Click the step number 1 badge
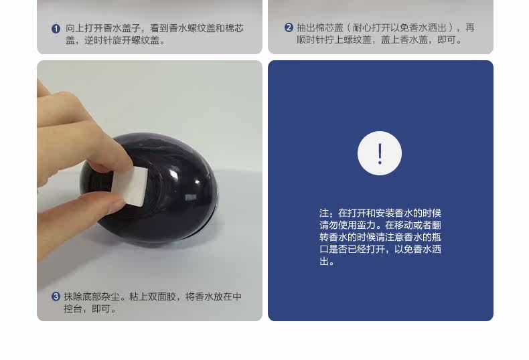coord(56,29)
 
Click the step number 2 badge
coord(289,27)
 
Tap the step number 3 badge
coord(56,296)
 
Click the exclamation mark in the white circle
coord(380,154)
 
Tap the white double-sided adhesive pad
coord(134,186)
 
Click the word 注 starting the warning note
coord(324,213)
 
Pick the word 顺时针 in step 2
coord(311,39)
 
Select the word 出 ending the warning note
coord(324,262)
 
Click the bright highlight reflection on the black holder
coord(198,183)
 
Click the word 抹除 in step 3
coord(73,296)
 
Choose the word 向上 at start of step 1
coord(74,28)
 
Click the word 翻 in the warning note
coord(437,226)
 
